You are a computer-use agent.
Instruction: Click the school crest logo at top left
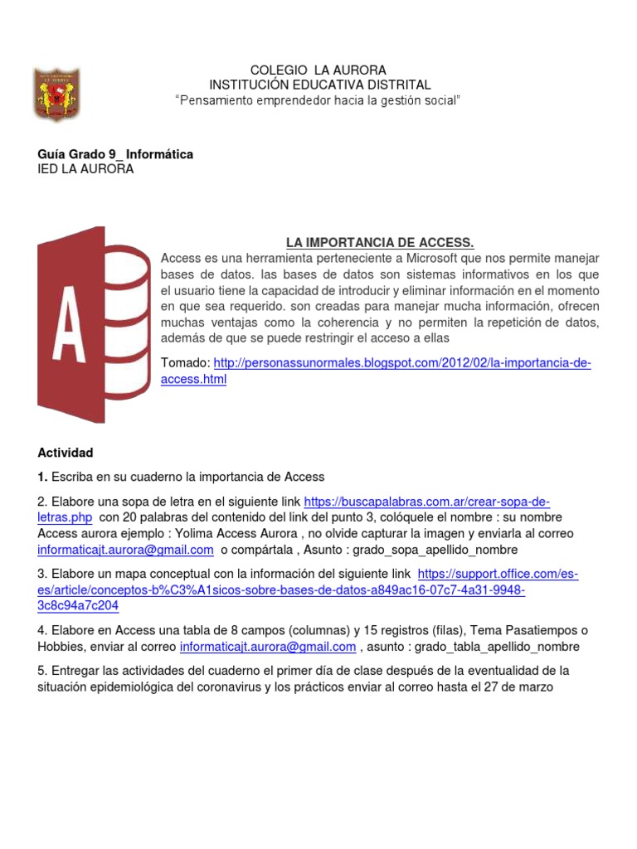58,93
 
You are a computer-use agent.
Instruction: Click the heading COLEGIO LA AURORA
318,70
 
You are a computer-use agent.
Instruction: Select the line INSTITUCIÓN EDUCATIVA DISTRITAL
319,85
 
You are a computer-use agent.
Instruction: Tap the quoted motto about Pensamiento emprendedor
318,100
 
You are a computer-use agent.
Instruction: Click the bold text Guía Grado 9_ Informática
115,154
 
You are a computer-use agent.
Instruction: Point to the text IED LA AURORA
85,169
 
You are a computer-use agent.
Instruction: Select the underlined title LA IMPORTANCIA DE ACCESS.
380,242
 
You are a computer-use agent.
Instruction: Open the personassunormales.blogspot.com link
402,363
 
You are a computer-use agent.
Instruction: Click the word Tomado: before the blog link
186,363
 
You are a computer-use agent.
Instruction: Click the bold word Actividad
66,453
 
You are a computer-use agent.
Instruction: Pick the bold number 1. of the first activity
43,477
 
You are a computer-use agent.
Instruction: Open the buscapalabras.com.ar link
426,502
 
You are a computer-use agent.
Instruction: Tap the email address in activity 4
268,646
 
